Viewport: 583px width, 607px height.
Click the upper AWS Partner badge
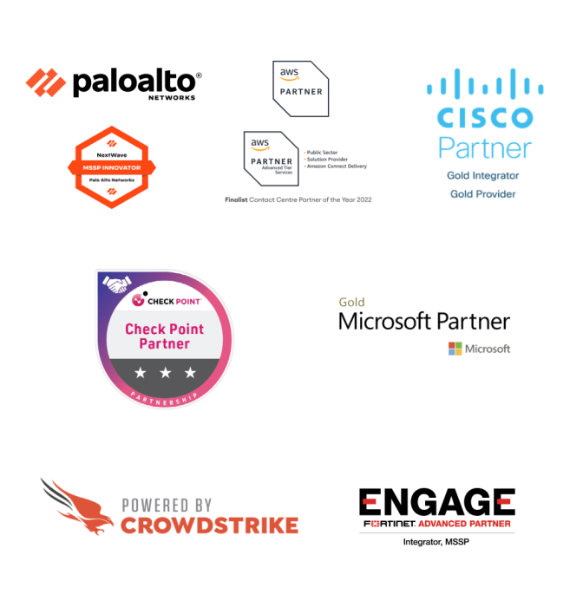pos(300,88)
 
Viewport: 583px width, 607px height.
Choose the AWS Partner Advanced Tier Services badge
pos(272,157)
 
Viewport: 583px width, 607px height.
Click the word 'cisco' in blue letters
pos(485,117)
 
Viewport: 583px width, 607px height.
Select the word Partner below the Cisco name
pos(485,147)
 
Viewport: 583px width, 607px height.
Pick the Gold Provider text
pos(483,194)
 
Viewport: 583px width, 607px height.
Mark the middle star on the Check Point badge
pos(165,373)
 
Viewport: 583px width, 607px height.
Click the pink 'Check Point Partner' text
pos(164,336)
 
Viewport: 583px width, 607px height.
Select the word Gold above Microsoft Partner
pos(351,303)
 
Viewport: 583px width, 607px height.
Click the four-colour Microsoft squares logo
pos(455,349)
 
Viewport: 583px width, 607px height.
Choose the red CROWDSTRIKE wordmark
pos(210,525)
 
